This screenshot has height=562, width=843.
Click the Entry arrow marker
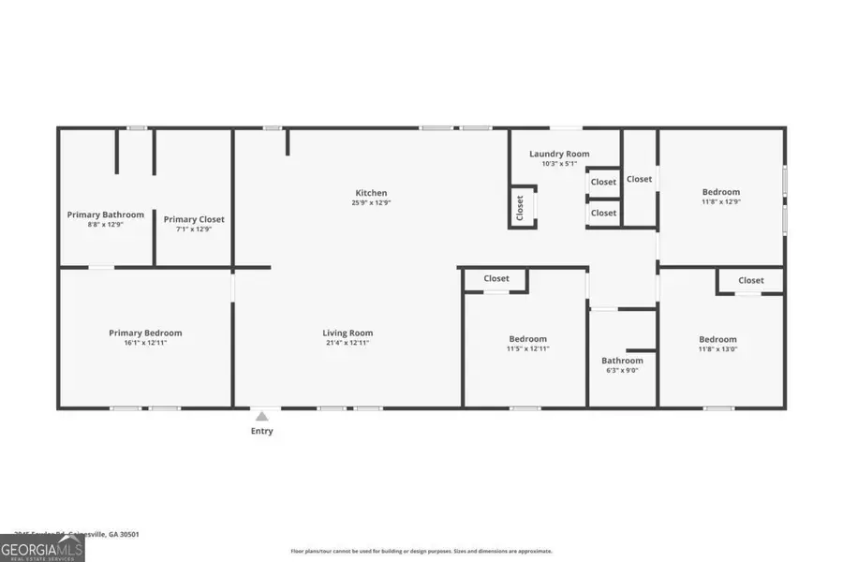point(262,416)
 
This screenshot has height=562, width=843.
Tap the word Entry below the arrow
point(262,431)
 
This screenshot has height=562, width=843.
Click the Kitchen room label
point(370,193)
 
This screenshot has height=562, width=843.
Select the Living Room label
point(348,333)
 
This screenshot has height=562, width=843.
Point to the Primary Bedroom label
point(145,333)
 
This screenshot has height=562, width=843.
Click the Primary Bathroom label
point(105,214)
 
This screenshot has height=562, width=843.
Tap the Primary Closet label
point(194,219)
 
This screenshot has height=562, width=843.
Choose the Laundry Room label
point(559,154)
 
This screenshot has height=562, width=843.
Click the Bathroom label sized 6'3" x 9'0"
point(622,361)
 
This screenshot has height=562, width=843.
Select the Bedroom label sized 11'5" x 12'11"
point(527,339)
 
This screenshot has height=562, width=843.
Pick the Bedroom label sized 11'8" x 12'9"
point(720,192)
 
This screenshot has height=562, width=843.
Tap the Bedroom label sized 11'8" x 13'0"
point(717,339)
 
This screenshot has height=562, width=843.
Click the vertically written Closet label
point(520,208)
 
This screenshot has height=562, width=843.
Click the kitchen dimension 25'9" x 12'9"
point(370,202)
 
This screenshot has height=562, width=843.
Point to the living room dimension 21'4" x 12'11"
point(348,343)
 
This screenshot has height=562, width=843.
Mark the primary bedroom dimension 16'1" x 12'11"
point(145,343)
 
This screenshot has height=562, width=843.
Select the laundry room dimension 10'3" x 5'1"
point(559,164)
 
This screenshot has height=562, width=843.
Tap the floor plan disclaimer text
point(421,551)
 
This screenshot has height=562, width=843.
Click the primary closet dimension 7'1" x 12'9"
point(194,229)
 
